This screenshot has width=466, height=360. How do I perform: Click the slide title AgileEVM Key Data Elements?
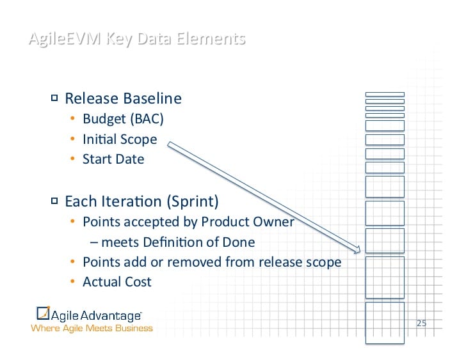click(136, 39)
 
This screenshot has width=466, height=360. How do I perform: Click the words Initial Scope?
click(119, 139)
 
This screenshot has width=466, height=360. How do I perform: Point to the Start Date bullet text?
click(113, 159)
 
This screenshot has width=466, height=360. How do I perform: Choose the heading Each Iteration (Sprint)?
click(141, 201)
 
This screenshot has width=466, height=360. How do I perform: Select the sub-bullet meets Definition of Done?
click(177, 242)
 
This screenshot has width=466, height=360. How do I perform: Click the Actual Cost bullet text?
click(117, 282)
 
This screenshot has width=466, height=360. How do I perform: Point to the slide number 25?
click(421, 323)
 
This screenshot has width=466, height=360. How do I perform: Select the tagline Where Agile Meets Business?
click(92, 329)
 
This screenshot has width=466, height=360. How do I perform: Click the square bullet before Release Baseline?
click(54, 98)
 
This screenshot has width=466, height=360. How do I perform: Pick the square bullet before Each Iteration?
click(54, 201)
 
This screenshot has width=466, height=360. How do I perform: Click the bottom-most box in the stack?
click(385, 323)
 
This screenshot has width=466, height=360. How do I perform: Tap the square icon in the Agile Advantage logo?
click(43, 314)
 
